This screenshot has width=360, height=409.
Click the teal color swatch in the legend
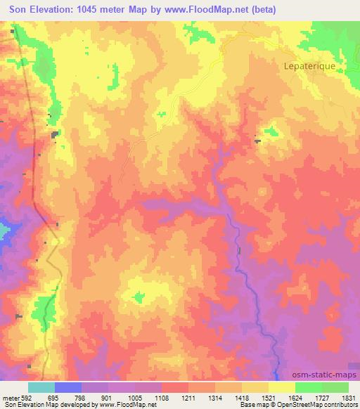pyautogui.click(x=41, y=387)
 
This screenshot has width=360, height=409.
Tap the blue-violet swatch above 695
pyautogui.click(x=68, y=387)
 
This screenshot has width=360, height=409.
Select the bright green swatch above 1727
pyautogui.click(x=309, y=387)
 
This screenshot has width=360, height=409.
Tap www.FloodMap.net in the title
pyautogui.click(x=201, y=9)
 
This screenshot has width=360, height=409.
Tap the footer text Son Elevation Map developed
pyautogui.click(x=42, y=405)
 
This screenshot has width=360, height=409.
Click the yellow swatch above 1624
pyautogui.click(x=282, y=387)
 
